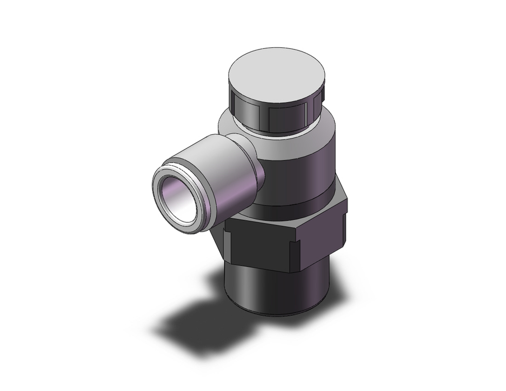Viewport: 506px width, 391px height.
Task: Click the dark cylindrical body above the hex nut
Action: coord(299,182)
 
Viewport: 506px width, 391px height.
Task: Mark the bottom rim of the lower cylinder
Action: coord(268,314)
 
